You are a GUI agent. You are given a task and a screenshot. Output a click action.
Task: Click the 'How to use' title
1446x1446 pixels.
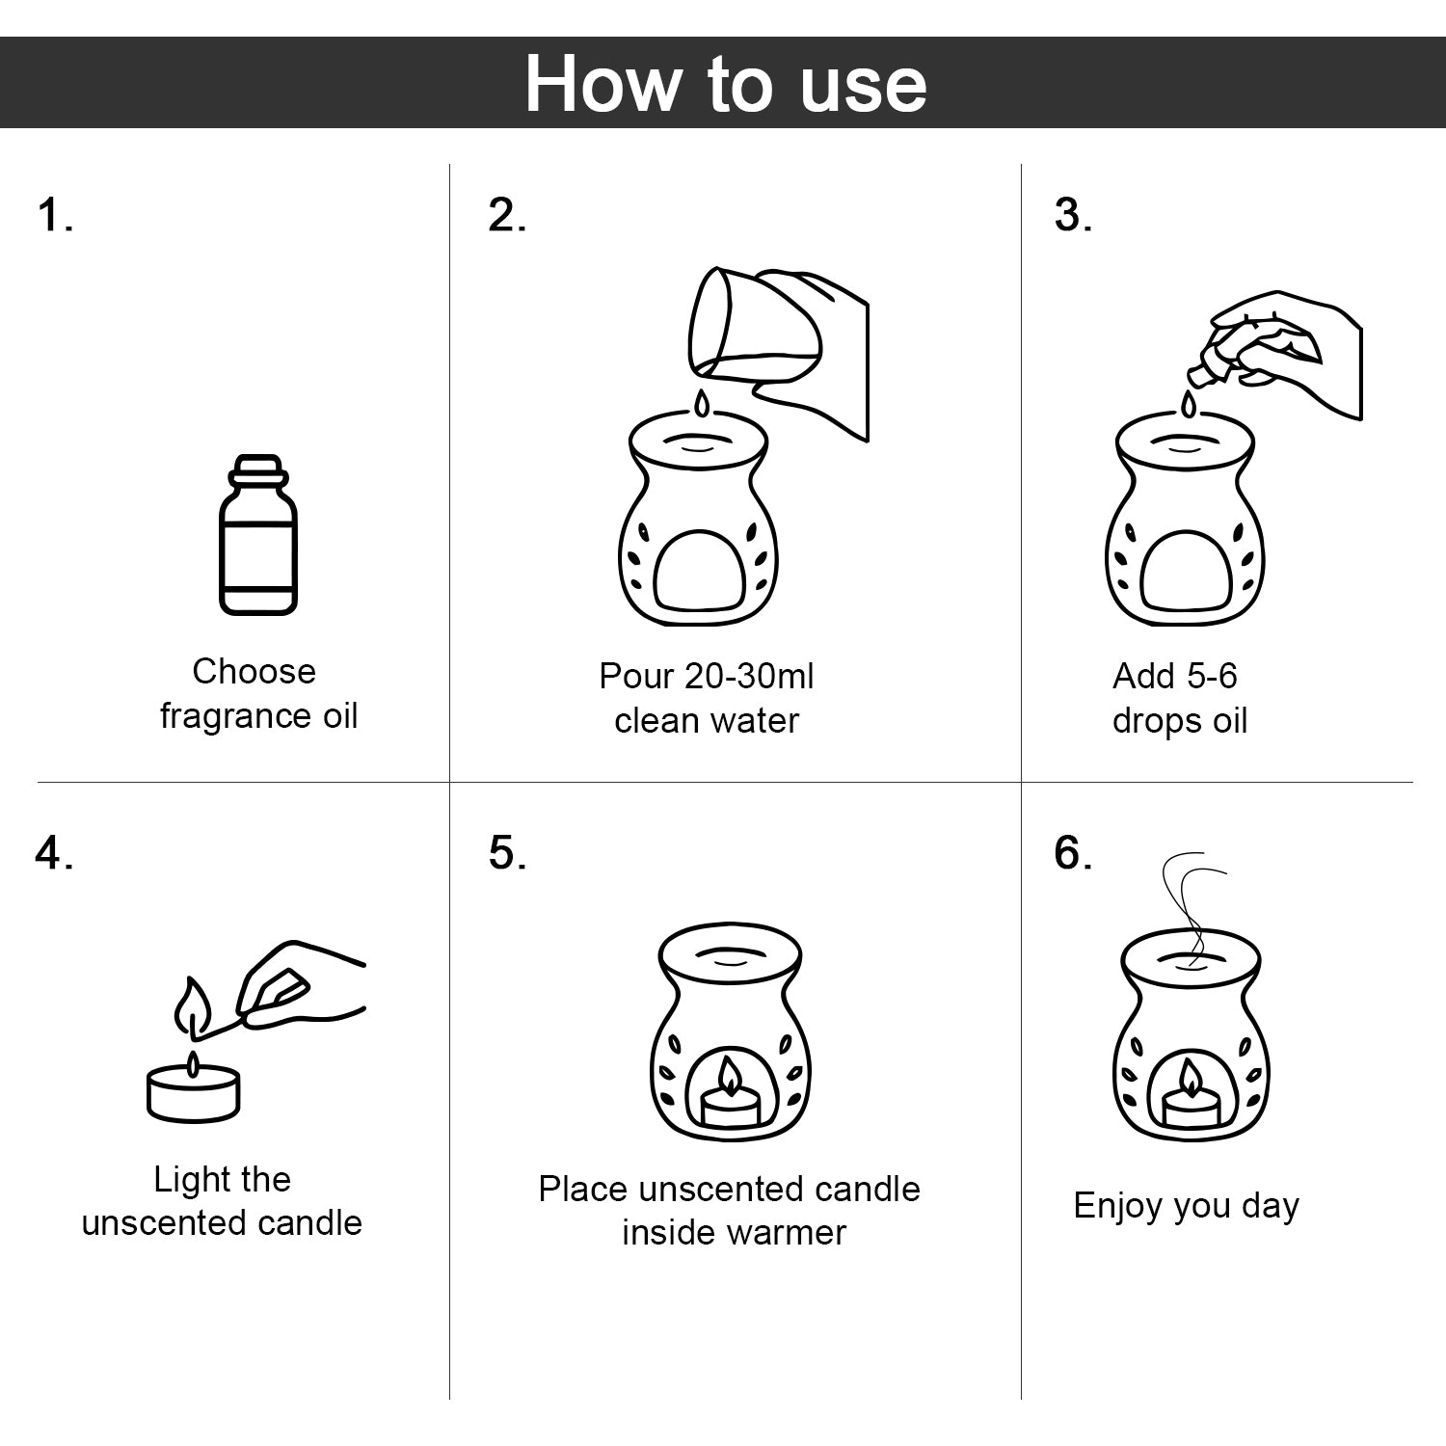click(x=725, y=84)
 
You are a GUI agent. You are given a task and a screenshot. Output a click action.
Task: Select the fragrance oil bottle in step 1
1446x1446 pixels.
click(x=257, y=535)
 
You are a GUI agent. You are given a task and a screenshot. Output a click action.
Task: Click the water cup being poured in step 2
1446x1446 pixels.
click(x=754, y=325)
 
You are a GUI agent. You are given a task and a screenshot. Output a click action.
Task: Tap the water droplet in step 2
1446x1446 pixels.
click(x=702, y=404)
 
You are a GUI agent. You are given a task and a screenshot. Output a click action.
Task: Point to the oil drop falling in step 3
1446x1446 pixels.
click(x=1189, y=404)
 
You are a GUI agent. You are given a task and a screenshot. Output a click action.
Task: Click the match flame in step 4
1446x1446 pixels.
click(x=192, y=1006)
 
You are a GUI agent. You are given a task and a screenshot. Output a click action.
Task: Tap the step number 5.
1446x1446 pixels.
click(x=507, y=852)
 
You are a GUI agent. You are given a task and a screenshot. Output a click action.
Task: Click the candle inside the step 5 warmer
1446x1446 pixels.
click(x=730, y=1094)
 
